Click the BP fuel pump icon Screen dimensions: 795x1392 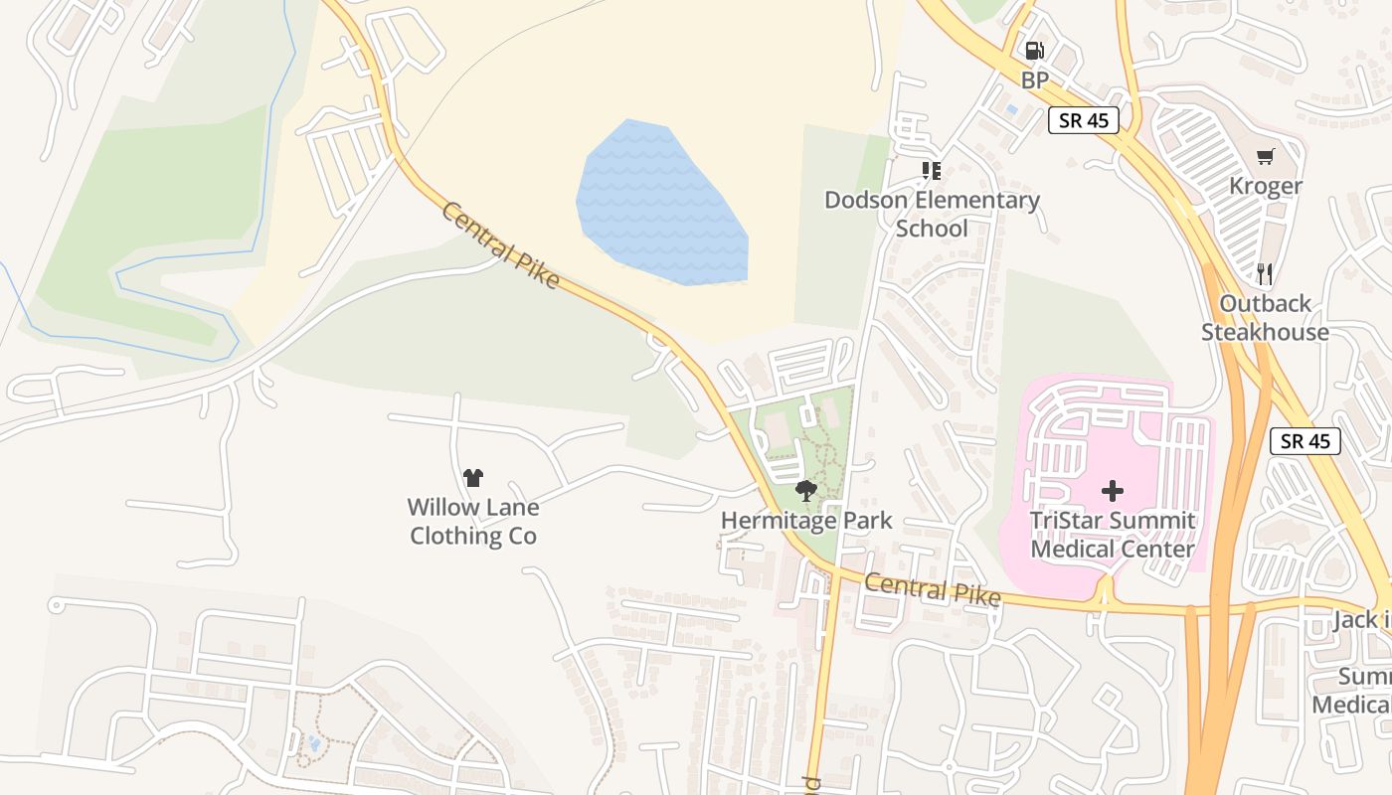pos(1034,51)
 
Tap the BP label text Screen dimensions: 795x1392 pos(1034,80)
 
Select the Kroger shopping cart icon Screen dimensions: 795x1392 pos(1265,156)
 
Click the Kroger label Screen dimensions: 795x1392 pos(1265,186)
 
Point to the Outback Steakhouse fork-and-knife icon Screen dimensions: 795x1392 pos(1265,273)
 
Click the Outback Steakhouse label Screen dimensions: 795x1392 pos(1265,318)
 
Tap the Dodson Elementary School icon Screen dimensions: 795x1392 pos(932,171)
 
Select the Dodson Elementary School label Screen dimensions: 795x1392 pos(932,214)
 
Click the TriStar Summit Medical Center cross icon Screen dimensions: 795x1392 pos(1113,490)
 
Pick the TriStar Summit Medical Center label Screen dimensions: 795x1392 pos(1113,535)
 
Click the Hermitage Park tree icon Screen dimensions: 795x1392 pos(806,490)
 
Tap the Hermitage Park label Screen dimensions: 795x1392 pos(806,520)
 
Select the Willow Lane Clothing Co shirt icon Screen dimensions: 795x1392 pos(473,478)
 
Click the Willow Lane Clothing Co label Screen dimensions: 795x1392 pos(473,522)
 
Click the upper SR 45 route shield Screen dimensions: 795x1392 pos(1083,121)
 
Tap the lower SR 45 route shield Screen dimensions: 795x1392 pos(1305,441)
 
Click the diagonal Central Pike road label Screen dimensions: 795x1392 pos(500,245)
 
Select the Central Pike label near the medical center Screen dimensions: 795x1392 pos(932,589)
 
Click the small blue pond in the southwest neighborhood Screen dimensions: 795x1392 pos(314,742)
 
